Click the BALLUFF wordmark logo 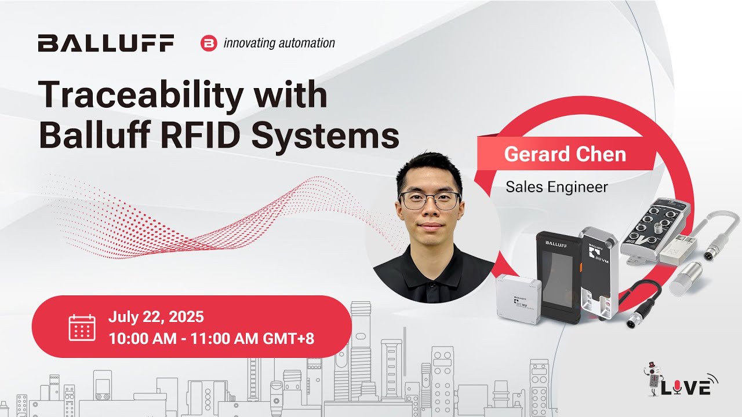tap(106, 43)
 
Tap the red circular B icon tap(208, 43)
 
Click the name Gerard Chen tap(565, 154)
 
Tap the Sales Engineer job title tap(556, 186)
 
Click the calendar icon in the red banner tap(81, 327)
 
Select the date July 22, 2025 tap(156, 317)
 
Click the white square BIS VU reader tap(518, 298)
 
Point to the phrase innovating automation tap(279, 43)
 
